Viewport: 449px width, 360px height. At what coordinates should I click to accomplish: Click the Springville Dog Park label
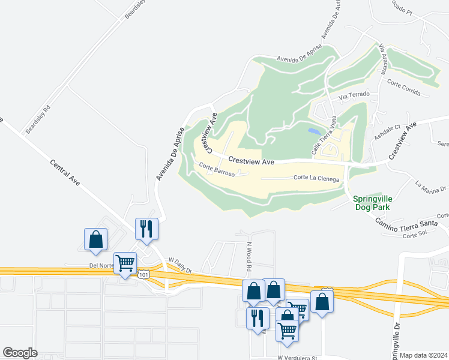pyautogui.click(x=372, y=203)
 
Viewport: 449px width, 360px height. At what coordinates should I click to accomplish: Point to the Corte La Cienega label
pyautogui.click(x=316, y=178)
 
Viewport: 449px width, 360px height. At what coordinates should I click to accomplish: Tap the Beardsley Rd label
pyautogui.click(x=37, y=120)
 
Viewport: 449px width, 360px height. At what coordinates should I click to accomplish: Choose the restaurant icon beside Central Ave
pyautogui.click(x=146, y=229)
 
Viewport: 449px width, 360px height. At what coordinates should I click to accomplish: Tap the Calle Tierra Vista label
pyautogui.click(x=321, y=138)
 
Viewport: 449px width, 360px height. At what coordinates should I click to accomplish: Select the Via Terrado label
pyautogui.click(x=354, y=95)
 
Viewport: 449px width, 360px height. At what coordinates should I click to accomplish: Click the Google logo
pyautogui.click(x=20, y=352)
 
